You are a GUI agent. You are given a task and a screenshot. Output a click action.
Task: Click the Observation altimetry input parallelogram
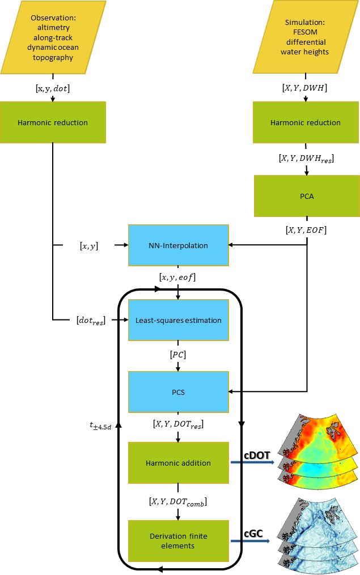(53, 37)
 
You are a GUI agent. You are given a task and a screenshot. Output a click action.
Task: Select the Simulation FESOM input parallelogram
(306, 37)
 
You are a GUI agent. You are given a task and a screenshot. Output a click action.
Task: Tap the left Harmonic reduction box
(53, 122)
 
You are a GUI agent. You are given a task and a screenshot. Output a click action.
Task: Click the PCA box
(306, 195)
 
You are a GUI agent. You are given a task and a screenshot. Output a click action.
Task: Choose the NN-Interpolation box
(179, 245)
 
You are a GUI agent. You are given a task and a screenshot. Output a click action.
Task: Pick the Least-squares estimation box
(179, 320)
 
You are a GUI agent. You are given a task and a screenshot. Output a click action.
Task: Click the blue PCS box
(179, 391)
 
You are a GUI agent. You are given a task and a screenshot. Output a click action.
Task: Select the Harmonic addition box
(179, 463)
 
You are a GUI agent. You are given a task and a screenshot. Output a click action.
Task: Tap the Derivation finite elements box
(179, 534)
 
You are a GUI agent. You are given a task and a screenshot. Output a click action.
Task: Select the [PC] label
(179, 355)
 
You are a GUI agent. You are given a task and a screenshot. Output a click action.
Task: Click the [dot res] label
(91, 321)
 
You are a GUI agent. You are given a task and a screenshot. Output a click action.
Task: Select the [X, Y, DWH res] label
(306, 159)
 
